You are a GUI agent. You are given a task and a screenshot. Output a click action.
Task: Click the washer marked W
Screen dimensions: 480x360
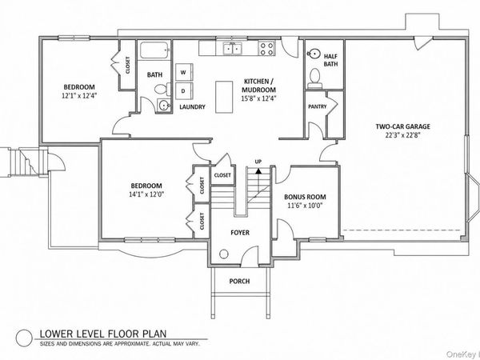pos(184,72)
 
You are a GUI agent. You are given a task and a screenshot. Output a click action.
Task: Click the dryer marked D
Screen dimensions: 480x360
pos(184,91)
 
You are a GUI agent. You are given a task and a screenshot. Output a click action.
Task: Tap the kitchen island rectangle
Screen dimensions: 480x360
pos(224,97)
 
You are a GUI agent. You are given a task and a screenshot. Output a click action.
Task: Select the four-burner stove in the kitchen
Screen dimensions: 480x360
pos(266,49)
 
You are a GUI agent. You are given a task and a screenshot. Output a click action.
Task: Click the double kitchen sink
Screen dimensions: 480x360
pos(233,48)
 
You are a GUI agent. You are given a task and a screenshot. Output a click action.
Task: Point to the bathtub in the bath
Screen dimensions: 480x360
pos(155,50)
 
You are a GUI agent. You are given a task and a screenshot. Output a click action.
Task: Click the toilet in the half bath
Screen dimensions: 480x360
pos(314,77)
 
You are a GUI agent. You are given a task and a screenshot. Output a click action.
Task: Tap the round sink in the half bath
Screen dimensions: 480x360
pos(313,54)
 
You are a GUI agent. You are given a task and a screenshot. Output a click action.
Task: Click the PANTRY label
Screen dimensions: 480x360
pos(317,106)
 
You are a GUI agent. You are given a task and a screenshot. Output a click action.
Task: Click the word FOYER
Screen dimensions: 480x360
pos(240,233)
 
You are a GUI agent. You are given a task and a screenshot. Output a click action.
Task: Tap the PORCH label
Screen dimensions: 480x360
pos(239,281)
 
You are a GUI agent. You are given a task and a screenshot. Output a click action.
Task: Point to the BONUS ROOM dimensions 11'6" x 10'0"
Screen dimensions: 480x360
pos(305,206)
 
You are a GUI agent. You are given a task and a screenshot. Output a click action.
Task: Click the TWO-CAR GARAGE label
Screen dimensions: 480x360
pos(403,126)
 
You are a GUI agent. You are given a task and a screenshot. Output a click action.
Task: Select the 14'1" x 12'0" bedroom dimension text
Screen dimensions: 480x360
pos(146,194)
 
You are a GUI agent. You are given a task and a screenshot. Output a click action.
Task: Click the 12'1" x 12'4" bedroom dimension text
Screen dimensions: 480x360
pos(79,95)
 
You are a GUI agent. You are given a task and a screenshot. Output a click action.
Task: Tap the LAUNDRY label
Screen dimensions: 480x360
pos(192,107)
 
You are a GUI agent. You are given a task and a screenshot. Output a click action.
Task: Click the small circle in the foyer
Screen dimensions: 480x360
pos(224,254)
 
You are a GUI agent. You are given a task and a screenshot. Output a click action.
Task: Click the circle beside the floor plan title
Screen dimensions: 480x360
pos(24,338)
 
